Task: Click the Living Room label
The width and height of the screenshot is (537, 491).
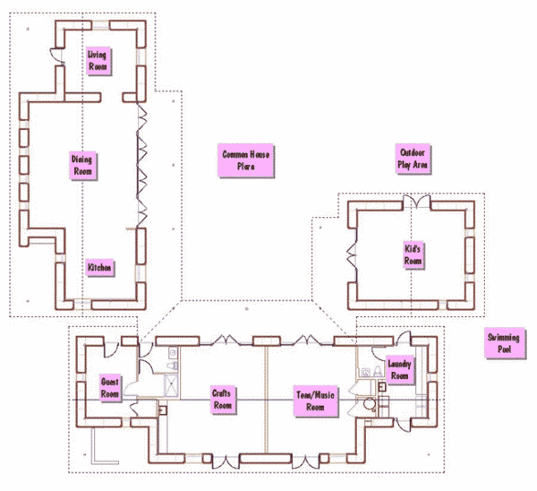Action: tap(98, 61)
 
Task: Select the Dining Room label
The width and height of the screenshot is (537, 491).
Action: tap(82, 165)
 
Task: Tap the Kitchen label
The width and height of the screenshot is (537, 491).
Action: tap(98, 268)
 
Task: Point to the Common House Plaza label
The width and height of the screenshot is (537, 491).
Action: tap(246, 160)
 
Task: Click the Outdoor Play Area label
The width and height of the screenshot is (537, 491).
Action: tap(413, 159)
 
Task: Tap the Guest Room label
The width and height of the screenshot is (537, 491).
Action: tap(110, 388)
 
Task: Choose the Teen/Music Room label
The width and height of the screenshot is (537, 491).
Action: tap(316, 400)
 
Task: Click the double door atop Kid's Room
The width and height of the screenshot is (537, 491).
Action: tap(415, 200)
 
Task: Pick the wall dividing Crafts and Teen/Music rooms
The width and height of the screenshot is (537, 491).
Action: tap(266, 399)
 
